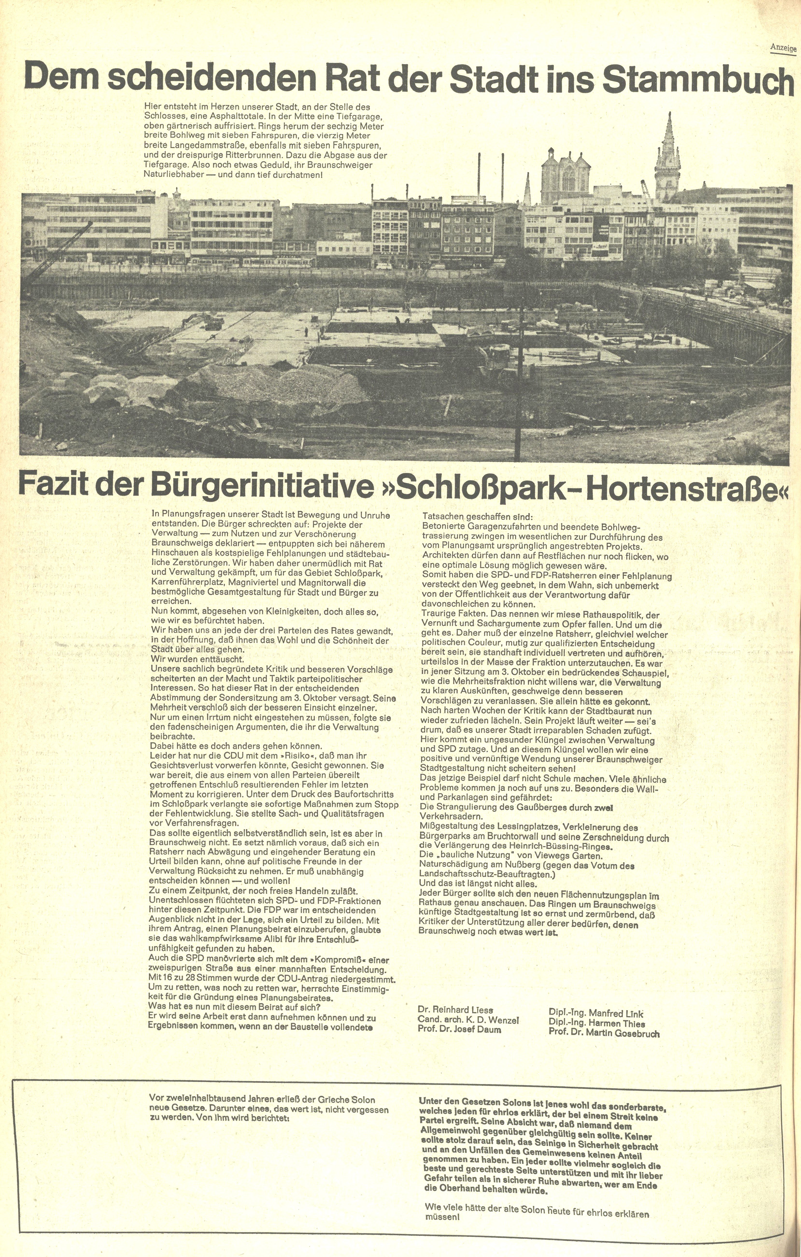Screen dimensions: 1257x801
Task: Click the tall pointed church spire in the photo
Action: pyautogui.click(x=667, y=157)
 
